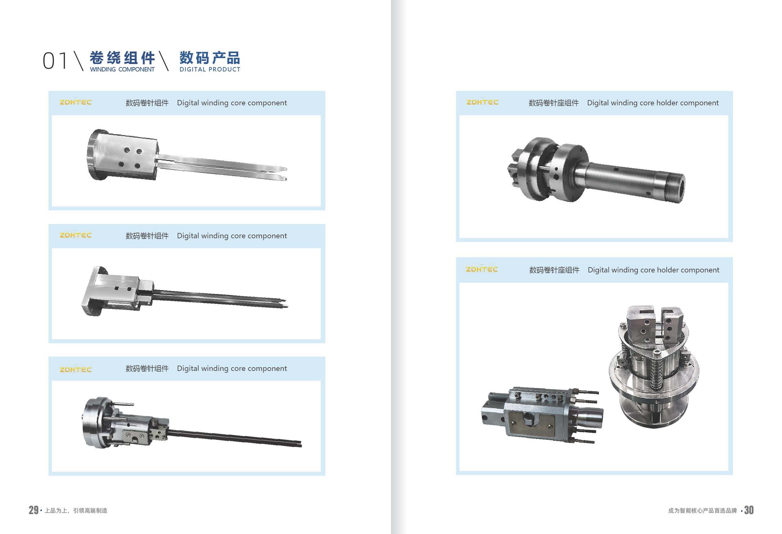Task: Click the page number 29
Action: pos(33,510)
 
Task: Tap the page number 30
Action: pos(749,510)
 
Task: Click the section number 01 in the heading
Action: pos(55,61)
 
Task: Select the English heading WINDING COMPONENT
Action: pos(122,69)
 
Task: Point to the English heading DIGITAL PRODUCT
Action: pos(210,69)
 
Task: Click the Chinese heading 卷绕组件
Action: pos(122,57)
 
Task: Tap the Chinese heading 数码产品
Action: pos(209,57)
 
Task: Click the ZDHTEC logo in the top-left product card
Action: pos(76,102)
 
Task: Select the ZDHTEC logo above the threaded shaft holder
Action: pos(482,102)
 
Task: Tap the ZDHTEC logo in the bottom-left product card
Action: pos(76,369)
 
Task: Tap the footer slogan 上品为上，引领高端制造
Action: pos(76,510)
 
